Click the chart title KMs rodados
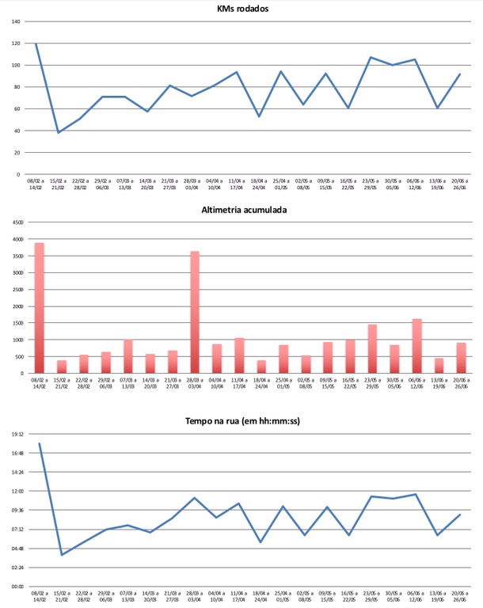(x=243, y=9)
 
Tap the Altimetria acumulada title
(x=242, y=211)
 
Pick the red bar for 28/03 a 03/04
(x=194, y=312)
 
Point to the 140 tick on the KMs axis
(x=16, y=21)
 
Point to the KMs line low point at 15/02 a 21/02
(x=58, y=132)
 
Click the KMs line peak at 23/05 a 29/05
(x=370, y=57)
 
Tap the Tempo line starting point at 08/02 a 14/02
(x=39, y=443)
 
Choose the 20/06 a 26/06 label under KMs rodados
(x=458, y=184)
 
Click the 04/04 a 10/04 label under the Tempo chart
(x=216, y=596)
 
